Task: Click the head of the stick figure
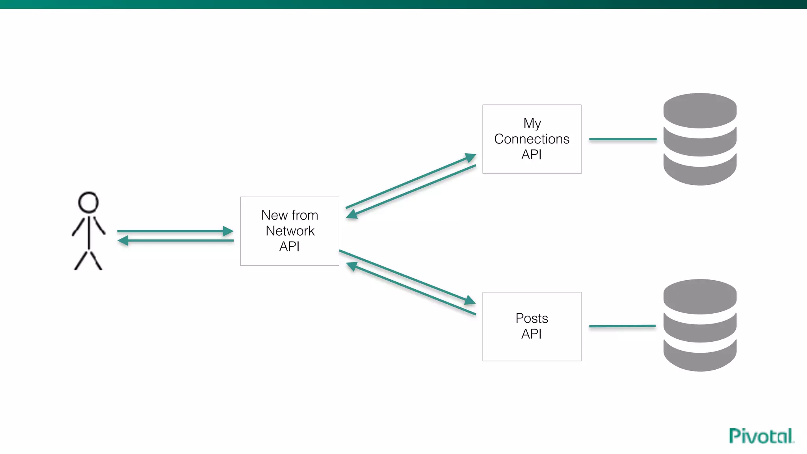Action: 88,203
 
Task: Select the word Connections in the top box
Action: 532,139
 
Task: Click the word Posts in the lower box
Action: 532,318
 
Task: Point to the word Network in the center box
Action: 290,231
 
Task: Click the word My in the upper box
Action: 532,123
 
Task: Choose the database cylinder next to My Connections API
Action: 700,139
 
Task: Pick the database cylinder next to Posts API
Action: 700,325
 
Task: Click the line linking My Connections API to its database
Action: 623,139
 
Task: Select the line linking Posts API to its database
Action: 622,326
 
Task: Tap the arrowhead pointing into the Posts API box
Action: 470,300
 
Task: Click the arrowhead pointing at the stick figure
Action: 123,240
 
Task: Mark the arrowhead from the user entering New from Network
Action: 228,231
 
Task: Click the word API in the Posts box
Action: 531,334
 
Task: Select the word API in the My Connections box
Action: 531,155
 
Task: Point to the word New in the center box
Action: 274,215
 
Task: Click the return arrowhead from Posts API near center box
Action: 351,266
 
